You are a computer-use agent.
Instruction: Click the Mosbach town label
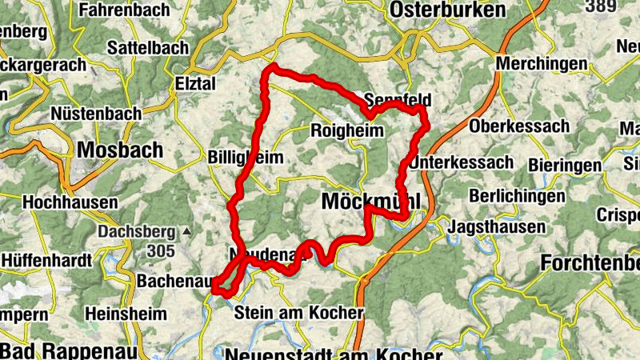coord(120,150)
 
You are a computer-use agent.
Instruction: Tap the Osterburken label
coord(448,10)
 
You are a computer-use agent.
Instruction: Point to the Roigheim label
coord(346,130)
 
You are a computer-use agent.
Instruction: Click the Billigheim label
coord(245,158)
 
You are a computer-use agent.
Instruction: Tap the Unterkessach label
coord(462,162)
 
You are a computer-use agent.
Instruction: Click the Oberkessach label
coord(519,126)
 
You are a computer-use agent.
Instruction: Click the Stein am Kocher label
coord(298,313)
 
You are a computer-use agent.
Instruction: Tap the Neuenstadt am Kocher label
coord(334,353)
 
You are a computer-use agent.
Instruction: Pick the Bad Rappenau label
coord(70,350)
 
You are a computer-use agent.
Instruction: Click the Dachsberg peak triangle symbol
coord(186,232)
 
